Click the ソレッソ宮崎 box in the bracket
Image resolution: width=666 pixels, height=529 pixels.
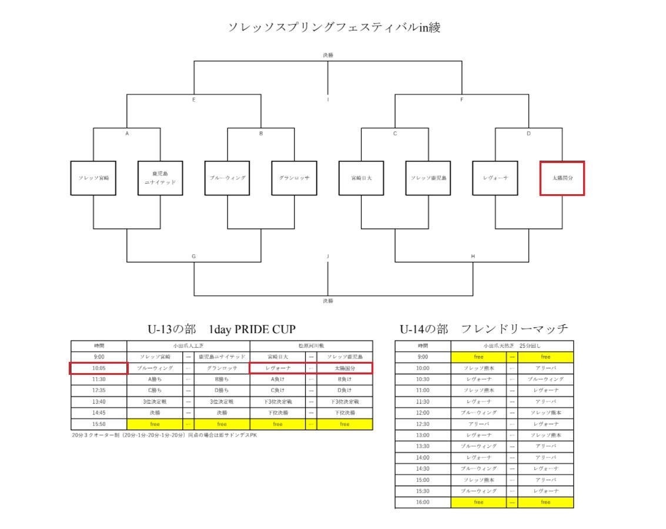pos(93,178)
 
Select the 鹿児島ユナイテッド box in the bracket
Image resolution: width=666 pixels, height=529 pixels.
pos(160,178)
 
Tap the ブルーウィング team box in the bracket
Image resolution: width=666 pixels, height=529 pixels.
pos(227,178)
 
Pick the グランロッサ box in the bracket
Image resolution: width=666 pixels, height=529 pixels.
pos(294,178)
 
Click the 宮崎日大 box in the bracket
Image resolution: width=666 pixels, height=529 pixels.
pos(361,178)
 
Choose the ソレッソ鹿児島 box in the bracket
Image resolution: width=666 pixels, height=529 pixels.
pos(428,178)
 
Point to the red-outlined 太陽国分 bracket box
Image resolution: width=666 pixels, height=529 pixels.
pos(562,178)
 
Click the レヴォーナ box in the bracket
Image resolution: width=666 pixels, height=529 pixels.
pos(495,178)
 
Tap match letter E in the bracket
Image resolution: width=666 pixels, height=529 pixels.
pos(193,100)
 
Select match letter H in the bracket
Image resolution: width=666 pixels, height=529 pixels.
pos(473,256)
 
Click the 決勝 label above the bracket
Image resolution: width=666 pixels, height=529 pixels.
pos(327,55)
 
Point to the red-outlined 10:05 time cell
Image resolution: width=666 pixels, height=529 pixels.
pos(99,368)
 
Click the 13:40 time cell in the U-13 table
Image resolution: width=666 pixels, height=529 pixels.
pos(99,401)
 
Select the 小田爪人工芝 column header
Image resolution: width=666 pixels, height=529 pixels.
pos(188,346)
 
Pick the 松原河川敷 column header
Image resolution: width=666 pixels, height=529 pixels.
pos(311,346)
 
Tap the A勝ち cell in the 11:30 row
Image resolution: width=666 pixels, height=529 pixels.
pos(155,379)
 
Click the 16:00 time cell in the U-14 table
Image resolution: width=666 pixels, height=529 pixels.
pos(423,502)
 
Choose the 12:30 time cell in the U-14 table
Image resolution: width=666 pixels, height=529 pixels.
pos(423,424)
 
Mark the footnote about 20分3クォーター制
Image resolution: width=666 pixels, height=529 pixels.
pos(164,435)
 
